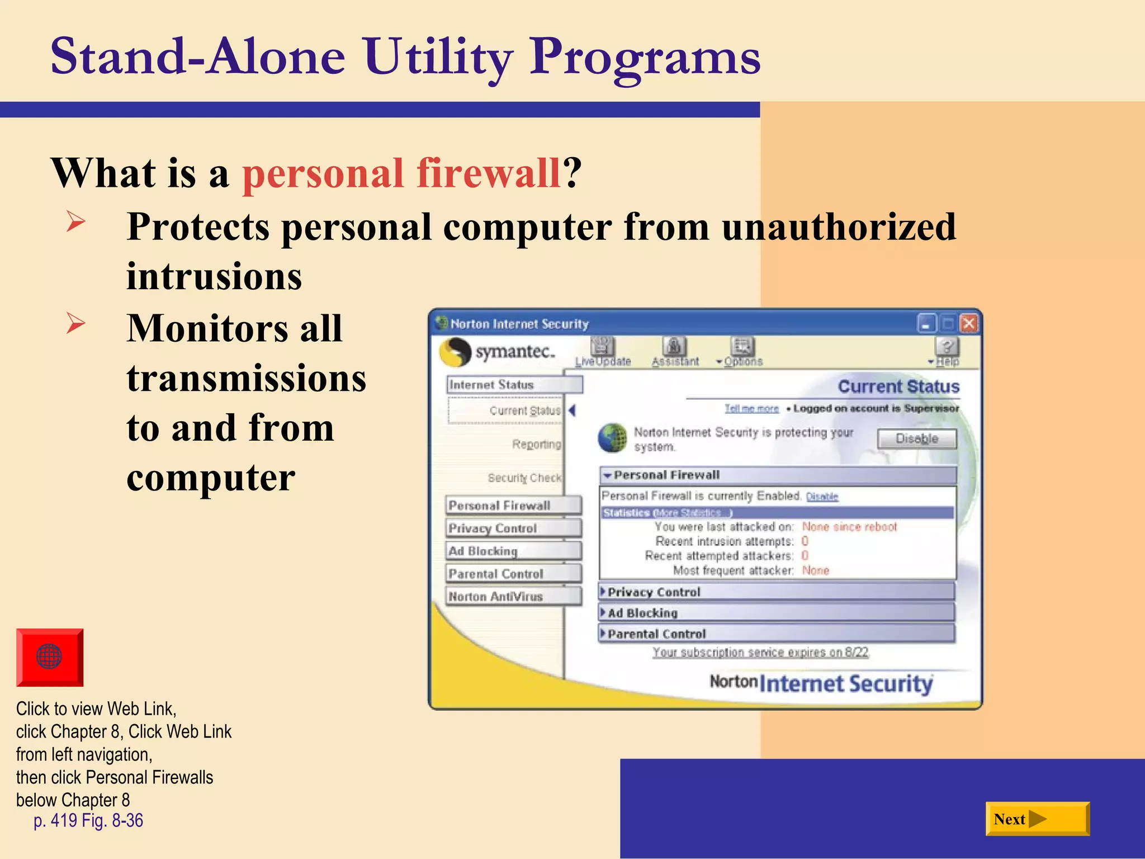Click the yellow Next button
pyautogui.click(x=1037, y=819)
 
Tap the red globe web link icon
pyautogui.click(x=50, y=657)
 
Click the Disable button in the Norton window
pyautogui.click(x=916, y=438)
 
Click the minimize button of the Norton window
pyautogui.click(x=926, y=324)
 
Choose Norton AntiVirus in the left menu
pyautogui.click(x=513, y=596)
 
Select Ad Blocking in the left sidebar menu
pyautogui.click(x=513, y=551)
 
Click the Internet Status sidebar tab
pyautogui.click(x=514, y=385)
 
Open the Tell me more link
pyautogui.click(x=751, y=409)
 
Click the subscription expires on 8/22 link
pyautogui.click(x=760, y=652)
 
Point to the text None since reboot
pyautogui.click(x=849, y=527)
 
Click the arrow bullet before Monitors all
pyautogui.click(x=75, y=324)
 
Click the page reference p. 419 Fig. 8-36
pyautogui.click(x=88, y=820)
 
